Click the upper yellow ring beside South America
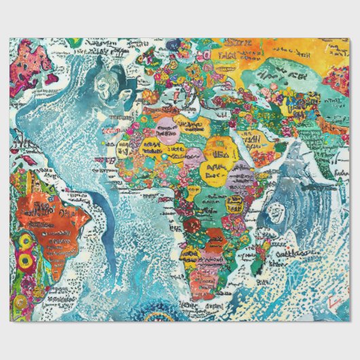pos(24,240)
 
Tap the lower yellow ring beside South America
pos(24,260)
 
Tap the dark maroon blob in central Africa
pos(192,225)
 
